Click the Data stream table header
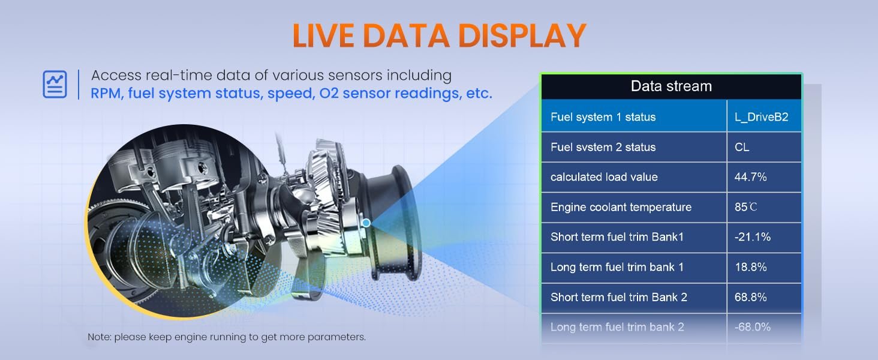pyautogui.click(x=671, y=86)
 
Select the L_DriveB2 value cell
pyautogui.click(x=764, y=116)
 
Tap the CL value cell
pyautogui.click(x=764, y=147)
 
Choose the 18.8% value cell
pyautogui.click(x=764, y=267)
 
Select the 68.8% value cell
pyautogui.click(x=764, y=297)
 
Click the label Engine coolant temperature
pyautogui.click(x=621, y=207)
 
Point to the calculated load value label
pyautogui.click(x=604, y=177)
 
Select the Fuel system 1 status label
pyautogui.click(x=603, y=117)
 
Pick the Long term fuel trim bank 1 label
pyautogui.click(x=617, y=267)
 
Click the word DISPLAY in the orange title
pyautogui.click(x=522, y=35)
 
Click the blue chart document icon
pyautogui.click(x=55, y=85)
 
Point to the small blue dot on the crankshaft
pyautogui.click(x=366, y=223)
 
